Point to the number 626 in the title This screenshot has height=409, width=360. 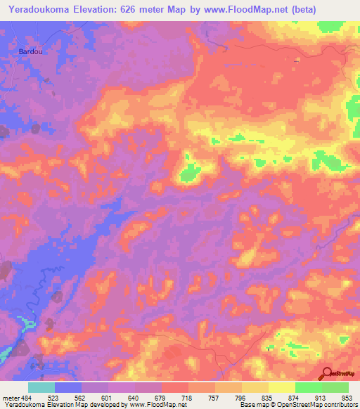click(x=131, y=10)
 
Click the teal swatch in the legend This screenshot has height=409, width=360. click(x=41, y=387)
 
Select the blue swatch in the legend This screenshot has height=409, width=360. click(x=68, y=387)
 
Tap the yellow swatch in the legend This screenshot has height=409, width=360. click(x=282, y=387)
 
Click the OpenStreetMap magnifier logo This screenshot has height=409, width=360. click(x=328, y=374)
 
